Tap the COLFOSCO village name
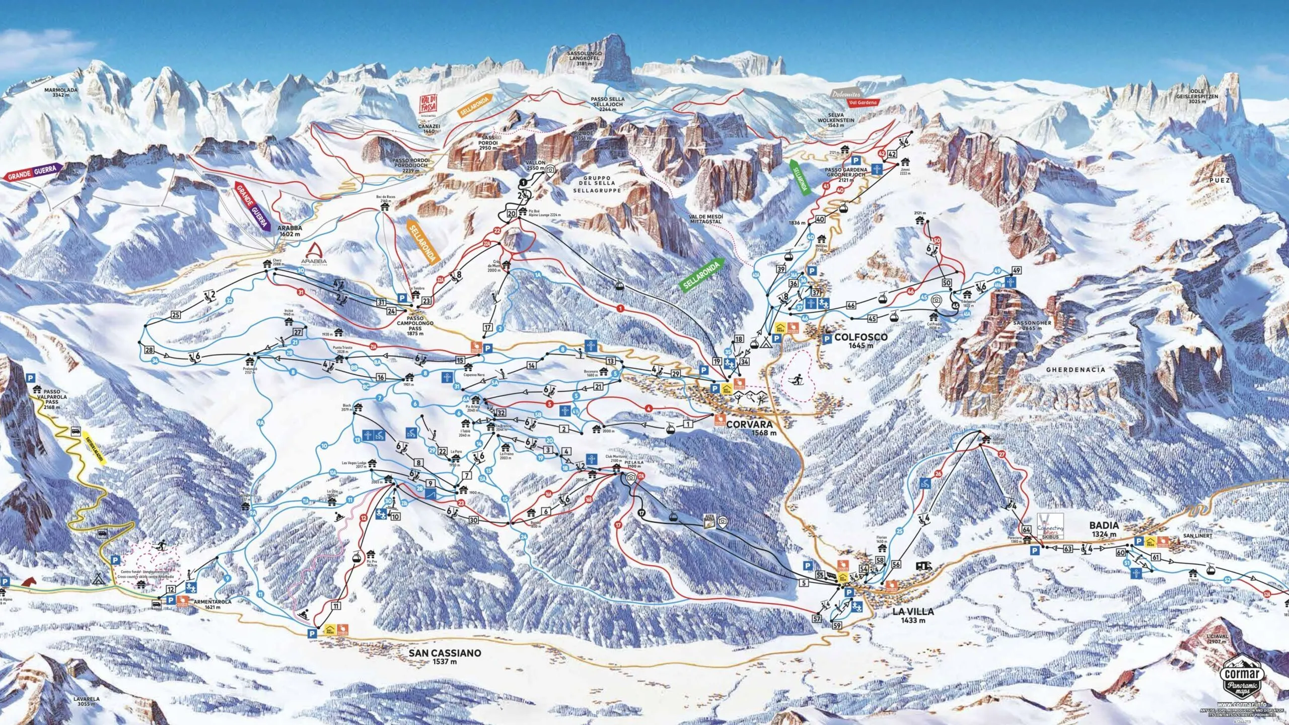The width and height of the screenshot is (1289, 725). click(x=861, y=337)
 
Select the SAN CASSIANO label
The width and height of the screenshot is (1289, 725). click(x=445, y=653)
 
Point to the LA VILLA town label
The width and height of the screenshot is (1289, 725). click(x=913, y=612)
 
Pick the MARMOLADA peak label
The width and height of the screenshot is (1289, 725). click(x=60, y=91)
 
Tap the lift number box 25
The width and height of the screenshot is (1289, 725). click(x=175, y=315)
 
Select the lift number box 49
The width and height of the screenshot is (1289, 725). click(x=1016, y=271)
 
